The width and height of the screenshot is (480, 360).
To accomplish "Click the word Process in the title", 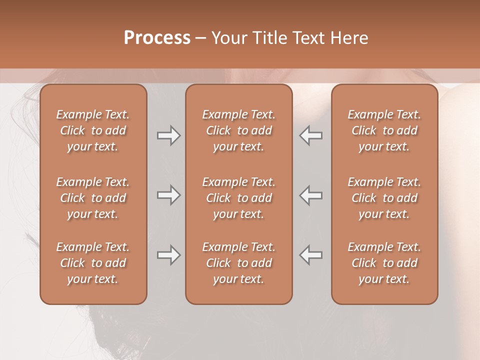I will pyautogui.click(x=157, y=37).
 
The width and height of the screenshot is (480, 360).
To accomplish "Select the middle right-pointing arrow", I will pyautogui.click(x=168, y=195).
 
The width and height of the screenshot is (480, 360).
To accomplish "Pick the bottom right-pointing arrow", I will pyautogui.click(x=168, y=255).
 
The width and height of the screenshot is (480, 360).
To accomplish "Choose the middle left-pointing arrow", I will pyautogui.click(x=310, y=195).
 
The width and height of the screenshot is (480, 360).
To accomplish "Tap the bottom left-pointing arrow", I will pyautogui.click(x=310, y=255).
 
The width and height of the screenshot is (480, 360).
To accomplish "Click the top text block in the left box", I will pyautogui.click(x=93, y=130).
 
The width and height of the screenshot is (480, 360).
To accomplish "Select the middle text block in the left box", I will pyautogui.click(x=93, y=198).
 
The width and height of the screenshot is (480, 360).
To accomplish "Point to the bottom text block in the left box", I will pyautogui.click(x=93, y=263).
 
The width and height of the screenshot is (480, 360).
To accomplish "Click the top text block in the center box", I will pyautogui.click(x=238, y=130).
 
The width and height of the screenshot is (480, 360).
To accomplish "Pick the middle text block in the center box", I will pyautogui.click(x=238, y=198).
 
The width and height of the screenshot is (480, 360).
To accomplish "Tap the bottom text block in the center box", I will pyautogui.click(x=238, y=263).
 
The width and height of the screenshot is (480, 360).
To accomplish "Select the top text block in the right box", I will pyautogui.click(x=384, y=130).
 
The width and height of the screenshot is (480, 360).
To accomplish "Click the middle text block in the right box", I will pyautogui.click(x=384, y=198).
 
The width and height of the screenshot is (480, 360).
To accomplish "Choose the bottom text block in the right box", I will pyautogui.click(x=384, y=263).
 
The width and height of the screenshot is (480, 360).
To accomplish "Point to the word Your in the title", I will pyautogui.click(x=228, y=37).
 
